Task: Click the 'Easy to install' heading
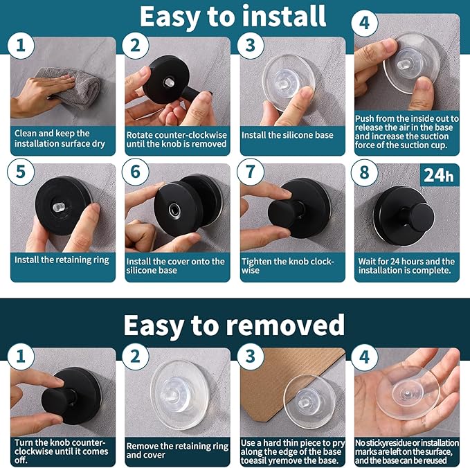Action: (x=233, y=17)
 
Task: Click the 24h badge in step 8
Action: (x=439, y=174)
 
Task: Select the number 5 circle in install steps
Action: (x=21, y=172)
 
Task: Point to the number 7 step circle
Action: (x=251, y=172)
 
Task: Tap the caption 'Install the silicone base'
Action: (x=287, y=135)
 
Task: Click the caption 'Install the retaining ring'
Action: (x=62, y=260)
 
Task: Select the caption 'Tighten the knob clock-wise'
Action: (x=288, y=266)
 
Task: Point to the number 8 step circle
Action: (x=364, y=172)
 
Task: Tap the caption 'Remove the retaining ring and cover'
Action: (x=177, y=451)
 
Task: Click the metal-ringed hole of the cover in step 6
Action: (x=174, y=210)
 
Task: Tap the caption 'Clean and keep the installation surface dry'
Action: (x=60, y=138)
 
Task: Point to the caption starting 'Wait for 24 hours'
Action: (x=406, y=266)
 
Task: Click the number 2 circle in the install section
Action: (x=136, y=46)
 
